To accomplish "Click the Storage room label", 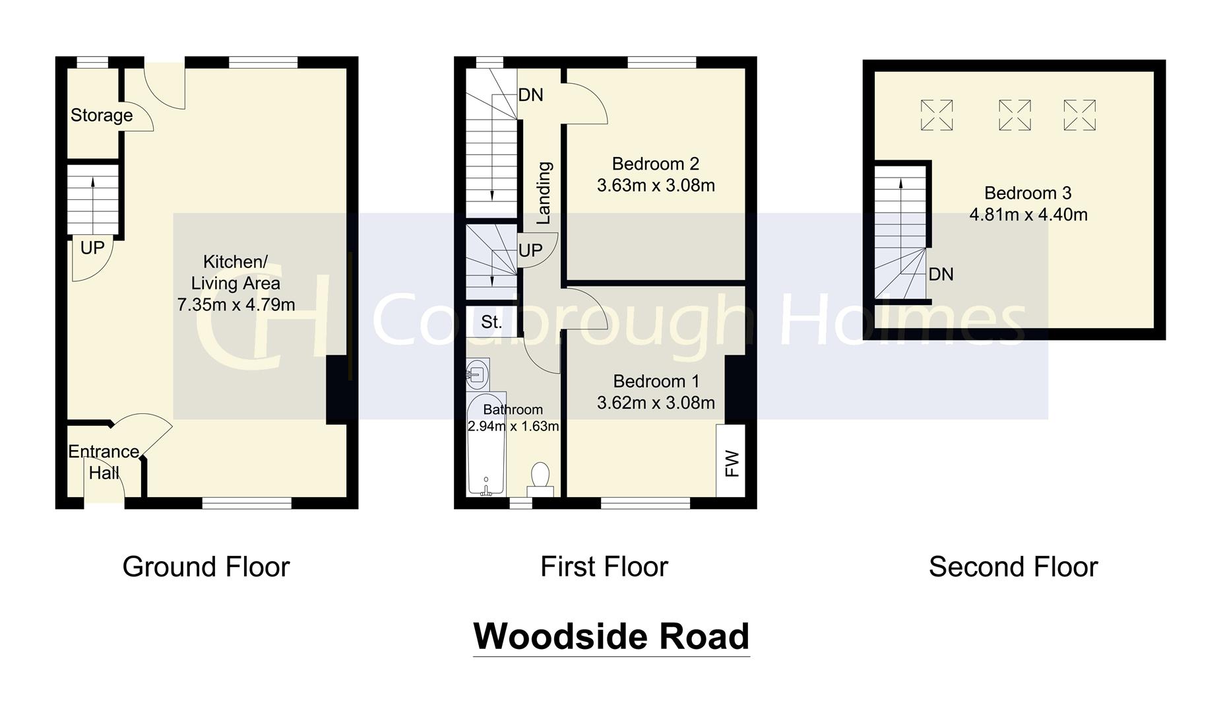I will coord(102,116).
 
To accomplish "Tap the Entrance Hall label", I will coord(104,462).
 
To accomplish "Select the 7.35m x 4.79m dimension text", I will coord(235,304).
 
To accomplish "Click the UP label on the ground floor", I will coord(92,248).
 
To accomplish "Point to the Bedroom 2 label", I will coord(655,164).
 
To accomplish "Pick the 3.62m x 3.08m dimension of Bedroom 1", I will coord(656,402).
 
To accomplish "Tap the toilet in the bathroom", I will coord(540,479).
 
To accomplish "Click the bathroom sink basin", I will coord(477,374).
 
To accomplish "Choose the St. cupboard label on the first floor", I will coord(491,322).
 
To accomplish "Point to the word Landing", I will coord(544,193).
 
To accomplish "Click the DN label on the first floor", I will coord(530,95).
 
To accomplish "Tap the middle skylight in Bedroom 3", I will coord(1015,116).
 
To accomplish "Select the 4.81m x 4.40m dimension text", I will coord(1028,215).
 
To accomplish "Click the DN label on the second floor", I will coord(941,274).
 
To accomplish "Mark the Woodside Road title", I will coord(611,636).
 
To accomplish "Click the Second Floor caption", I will coord(1013,567).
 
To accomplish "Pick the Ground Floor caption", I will coord(206,567).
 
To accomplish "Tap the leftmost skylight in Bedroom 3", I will coord(937,116).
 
